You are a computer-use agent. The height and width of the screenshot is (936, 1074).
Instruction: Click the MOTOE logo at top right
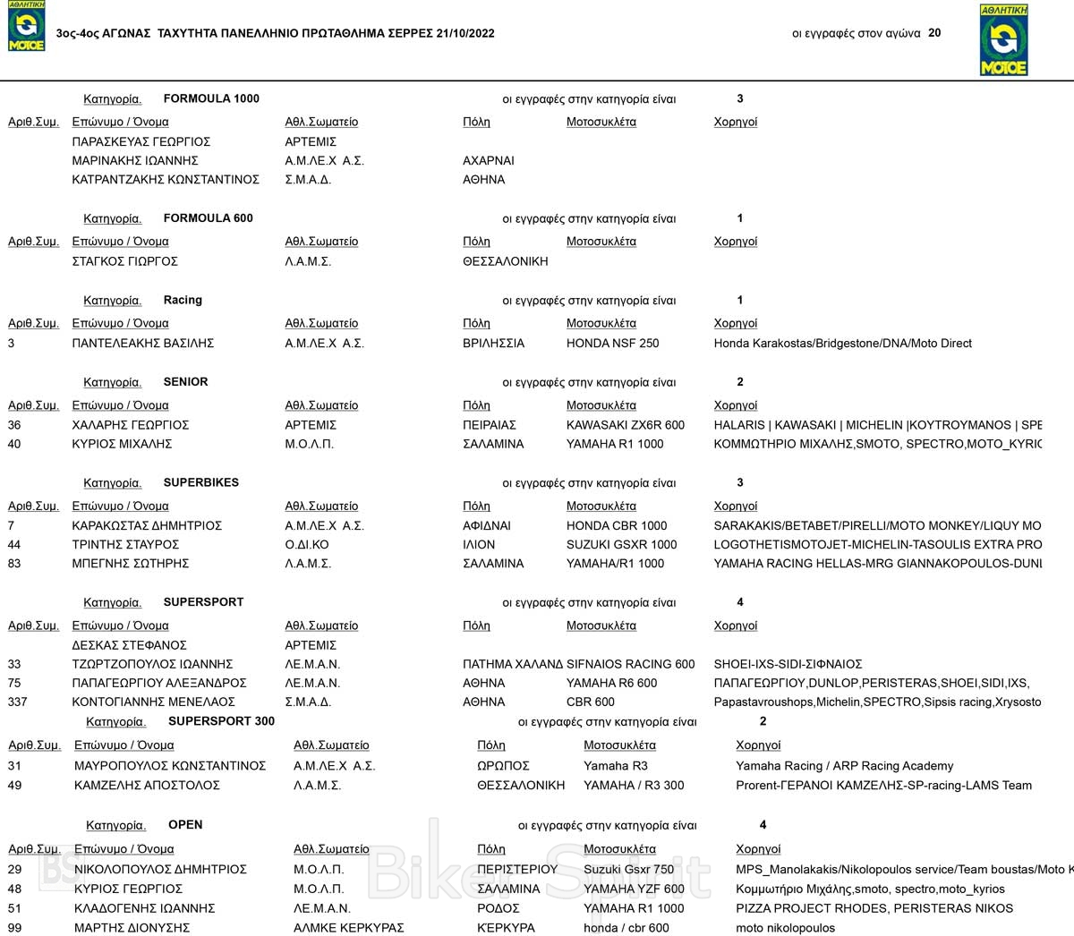[x=1003, y=40]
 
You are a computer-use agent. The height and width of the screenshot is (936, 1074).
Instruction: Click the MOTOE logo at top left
[x=26, y=27]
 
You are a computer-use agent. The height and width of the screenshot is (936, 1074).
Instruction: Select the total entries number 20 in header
[x=934, y=33]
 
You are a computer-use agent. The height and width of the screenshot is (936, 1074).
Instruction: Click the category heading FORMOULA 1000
[x=211, y=99]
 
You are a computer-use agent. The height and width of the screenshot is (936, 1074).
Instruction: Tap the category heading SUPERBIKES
[x=201, y=482]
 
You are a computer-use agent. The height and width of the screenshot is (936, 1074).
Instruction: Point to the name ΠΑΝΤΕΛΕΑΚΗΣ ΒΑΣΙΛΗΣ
[x=143, y=344]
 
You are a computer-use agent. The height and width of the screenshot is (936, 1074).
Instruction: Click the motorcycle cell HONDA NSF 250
[x=612, y=344]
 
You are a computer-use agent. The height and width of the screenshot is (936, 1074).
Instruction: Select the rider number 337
[x=18, y=702]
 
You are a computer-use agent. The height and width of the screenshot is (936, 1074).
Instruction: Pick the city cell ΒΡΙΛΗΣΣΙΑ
[x=493, y=344]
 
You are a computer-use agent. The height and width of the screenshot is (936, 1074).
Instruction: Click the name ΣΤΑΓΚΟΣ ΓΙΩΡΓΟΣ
[x=125, y=261]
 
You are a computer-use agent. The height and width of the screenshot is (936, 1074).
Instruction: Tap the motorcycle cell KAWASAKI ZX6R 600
[x=626, y=425]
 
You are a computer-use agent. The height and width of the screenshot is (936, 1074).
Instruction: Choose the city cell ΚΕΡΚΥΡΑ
[x=506, y=928]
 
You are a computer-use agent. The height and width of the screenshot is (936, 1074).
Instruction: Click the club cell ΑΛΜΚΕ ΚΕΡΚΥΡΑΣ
[x=349, y=928]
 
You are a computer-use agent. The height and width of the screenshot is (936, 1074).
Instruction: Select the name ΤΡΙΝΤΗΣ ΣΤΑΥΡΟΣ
[x=125, y=545]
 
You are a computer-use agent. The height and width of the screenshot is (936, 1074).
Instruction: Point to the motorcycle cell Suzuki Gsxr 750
[x=629, y=869]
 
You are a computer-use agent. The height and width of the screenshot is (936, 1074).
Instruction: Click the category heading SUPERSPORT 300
[x=221, y=721]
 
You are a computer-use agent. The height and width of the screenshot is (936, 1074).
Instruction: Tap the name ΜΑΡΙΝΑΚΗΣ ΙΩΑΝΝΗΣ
[x=135, y=161]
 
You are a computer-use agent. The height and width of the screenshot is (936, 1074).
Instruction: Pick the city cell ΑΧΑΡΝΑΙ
[x=489, y=161]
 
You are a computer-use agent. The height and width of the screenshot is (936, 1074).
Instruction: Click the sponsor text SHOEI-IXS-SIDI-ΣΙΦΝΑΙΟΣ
[x=788, y=664]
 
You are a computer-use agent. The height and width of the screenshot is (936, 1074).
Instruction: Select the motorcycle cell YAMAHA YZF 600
[x=634, y=889]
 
